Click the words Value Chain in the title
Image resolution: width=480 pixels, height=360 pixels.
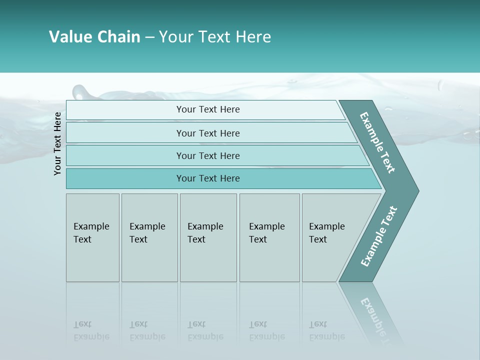click(x=94, y=37)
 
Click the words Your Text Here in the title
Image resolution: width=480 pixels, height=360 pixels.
click(x=215, y=37)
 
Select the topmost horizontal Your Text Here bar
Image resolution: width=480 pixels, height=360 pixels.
click(x=207, y=109)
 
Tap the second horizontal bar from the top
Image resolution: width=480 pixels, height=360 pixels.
click(x=207, y=133)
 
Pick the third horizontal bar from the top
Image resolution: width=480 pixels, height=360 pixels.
click(x=207, y=155)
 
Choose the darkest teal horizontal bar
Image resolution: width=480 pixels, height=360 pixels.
click(x=207, y=178)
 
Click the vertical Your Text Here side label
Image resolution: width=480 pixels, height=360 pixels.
click(x=58, y=143)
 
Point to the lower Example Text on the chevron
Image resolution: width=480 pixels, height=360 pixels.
click(x=379, y=236)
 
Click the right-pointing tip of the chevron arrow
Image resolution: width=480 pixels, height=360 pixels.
click(x=416, y=190)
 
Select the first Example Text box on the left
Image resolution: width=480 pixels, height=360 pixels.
click(x=92, y=237)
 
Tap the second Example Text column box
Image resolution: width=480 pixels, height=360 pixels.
click(x=149, y=237)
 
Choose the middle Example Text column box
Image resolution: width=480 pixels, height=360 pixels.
click(x=208, y=237)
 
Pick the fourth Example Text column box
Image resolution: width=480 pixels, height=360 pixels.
click(x=269, y=237)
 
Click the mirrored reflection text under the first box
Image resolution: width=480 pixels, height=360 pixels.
click(x=90, y=331)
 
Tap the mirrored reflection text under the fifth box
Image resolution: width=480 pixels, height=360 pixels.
click(x=326, y=331)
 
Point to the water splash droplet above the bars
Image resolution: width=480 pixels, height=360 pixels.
click(x=81, y=92)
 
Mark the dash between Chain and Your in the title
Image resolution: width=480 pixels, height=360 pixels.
click(x=149, y=37)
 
